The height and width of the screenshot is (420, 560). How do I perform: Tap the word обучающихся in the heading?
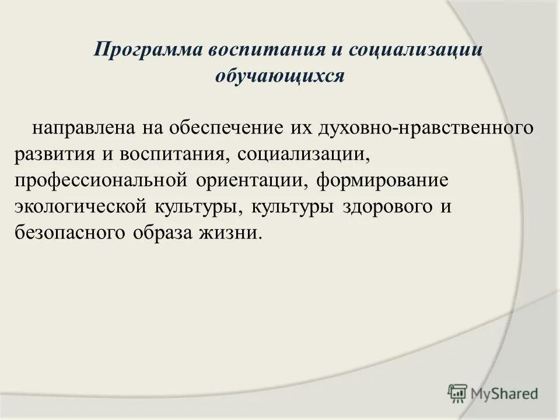pyautogui.click(x=281, y=76)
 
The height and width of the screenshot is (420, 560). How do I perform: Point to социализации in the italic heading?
pyautogui.click(x=416, y=50)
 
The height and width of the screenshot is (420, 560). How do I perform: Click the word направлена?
pyautogui.click(x=84, y=128)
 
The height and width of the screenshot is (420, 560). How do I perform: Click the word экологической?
pyautogui.click(x=82, y=207)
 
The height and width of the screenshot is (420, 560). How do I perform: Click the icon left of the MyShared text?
pyautogui.click(x=457, y=394)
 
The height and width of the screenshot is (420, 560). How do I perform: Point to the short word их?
pyautogui.click(x=301, y=128)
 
